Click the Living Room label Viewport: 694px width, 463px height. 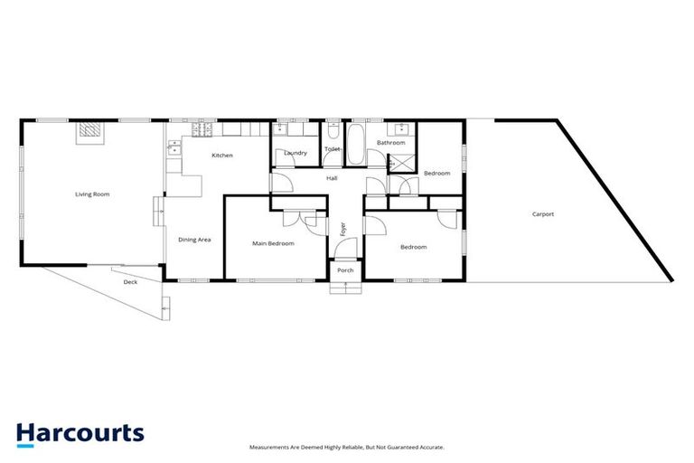(x=91, y=194)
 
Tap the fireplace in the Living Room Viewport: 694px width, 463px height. (x=89, y=132)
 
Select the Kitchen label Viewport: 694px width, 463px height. (x=221, y=156)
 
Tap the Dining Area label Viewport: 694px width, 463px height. (x=194, y=240)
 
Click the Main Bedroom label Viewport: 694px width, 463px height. (x=273, y=243)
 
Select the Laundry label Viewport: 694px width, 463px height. (x=295, y=153)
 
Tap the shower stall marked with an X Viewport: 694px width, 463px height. (x=397, y=164)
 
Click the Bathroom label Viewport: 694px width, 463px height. (x=391, y=143)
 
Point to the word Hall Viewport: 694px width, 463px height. (x=333, y=178)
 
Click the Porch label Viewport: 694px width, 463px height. (x=344, y=270)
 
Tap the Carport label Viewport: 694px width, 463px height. (x=542, y=214)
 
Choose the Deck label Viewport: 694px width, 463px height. (x=130, y=282)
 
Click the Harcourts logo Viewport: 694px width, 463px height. (x=80, y=433)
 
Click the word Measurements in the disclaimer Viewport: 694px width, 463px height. (x=271, y=447)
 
